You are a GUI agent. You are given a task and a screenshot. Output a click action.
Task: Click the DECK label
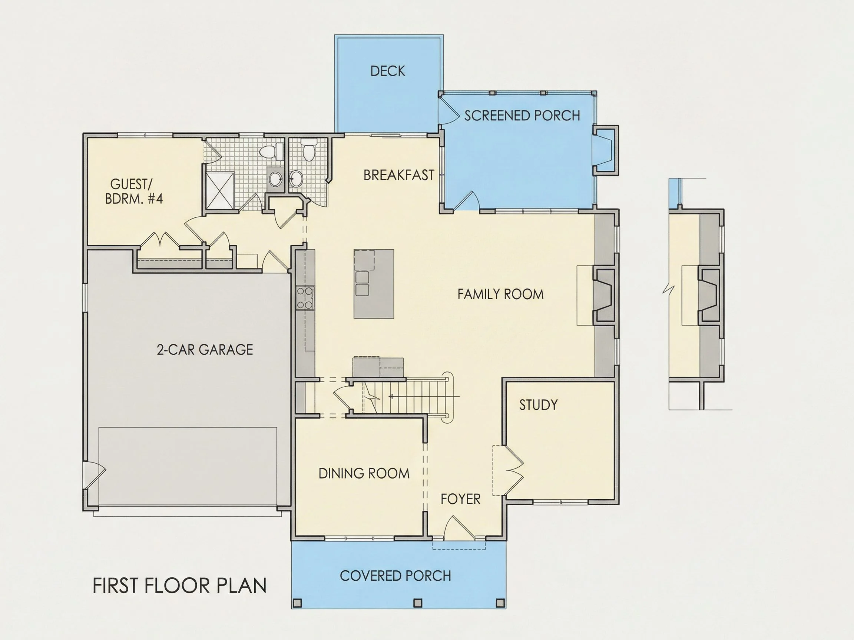click(388, 71)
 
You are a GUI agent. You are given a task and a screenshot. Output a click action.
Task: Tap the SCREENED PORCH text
click(522, 115)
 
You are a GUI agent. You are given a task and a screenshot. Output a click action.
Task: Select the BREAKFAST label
click(399, 175)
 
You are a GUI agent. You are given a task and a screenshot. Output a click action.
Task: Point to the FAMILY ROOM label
click(500, 294)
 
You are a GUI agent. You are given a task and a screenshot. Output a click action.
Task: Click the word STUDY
click(538, 405)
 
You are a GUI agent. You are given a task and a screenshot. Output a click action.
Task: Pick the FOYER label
click(461, 499)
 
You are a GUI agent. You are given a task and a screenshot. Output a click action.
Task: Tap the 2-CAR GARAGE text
click(205, 350)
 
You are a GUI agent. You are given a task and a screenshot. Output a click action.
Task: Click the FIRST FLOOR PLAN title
click(179, 586)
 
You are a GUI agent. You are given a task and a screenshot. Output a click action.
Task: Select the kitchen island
click(374, 284)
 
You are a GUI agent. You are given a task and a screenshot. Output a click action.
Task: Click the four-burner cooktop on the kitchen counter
click(305, 298)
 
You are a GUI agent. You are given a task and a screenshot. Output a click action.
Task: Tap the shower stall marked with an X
click(220, 191)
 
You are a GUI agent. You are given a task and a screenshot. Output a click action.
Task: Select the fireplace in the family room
click(604, 295)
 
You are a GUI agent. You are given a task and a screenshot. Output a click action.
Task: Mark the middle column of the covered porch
click(418, 603)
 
